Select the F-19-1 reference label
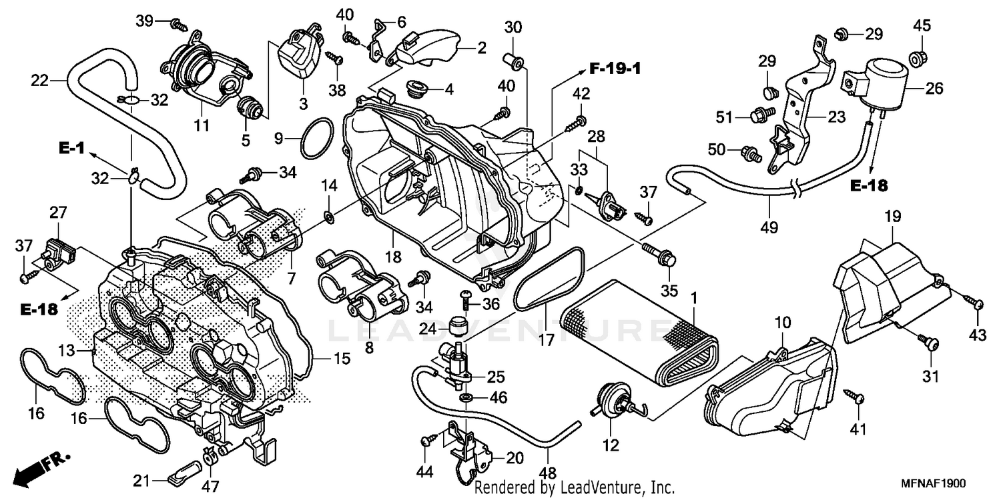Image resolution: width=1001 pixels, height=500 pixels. [x=615, y=69]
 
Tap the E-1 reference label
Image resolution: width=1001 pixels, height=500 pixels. [x=71, y=148]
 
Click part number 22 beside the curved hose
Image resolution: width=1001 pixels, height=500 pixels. [x=40, y=81]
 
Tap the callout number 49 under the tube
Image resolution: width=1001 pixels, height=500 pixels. [x=769, y=227]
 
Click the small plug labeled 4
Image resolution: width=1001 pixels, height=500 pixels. [x=417, y=88]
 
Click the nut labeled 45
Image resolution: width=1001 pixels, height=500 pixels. [x=919, y=57]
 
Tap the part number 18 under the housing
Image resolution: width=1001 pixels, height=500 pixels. [x=393, y=257]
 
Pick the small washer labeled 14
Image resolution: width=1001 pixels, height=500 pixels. [x=329, y=217]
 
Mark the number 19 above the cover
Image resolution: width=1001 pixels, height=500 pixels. [x=892, y=217]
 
